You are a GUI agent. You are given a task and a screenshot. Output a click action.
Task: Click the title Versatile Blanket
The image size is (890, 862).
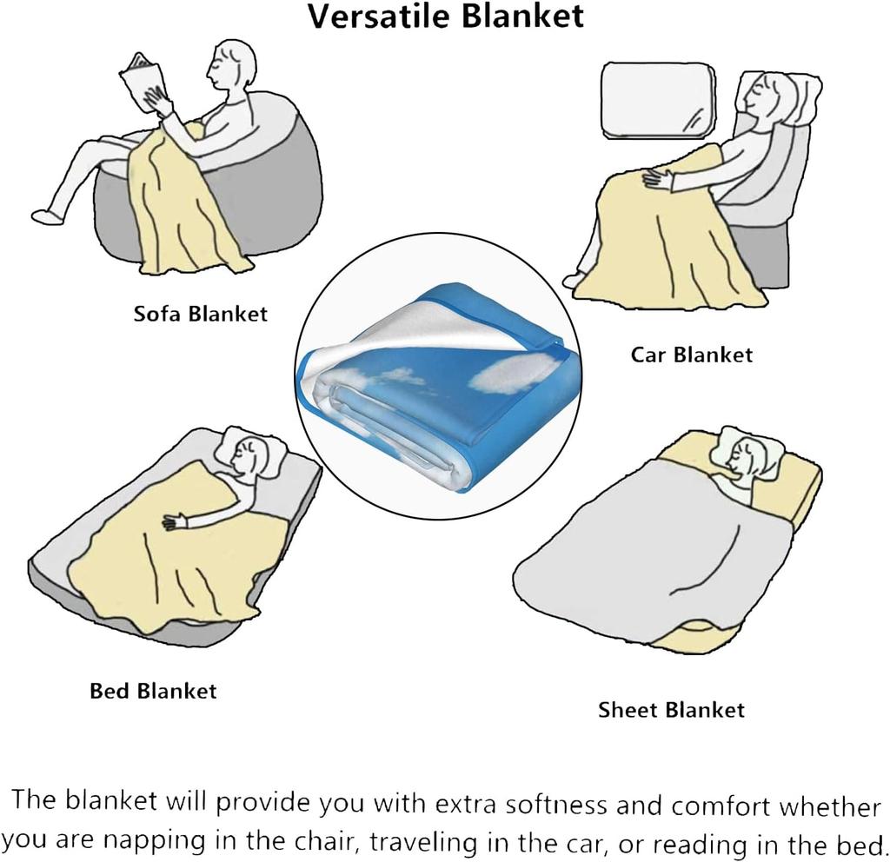point(446,16)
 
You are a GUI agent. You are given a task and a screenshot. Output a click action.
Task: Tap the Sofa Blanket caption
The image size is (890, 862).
point(201,314)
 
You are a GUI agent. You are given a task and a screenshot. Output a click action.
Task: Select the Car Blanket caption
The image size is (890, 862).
point(691,355)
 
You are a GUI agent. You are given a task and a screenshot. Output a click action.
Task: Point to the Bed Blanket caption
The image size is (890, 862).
point(153,691)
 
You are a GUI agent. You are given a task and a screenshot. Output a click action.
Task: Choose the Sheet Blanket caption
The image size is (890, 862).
point(671,710)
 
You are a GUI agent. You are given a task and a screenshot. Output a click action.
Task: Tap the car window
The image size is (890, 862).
point(658,101)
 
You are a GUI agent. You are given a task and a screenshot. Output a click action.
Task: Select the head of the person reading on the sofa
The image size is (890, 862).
point(231,65)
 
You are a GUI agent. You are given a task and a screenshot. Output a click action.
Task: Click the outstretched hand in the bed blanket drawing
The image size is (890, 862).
point(176,522)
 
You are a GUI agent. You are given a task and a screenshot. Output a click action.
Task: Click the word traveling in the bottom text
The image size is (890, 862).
point(423,842)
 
